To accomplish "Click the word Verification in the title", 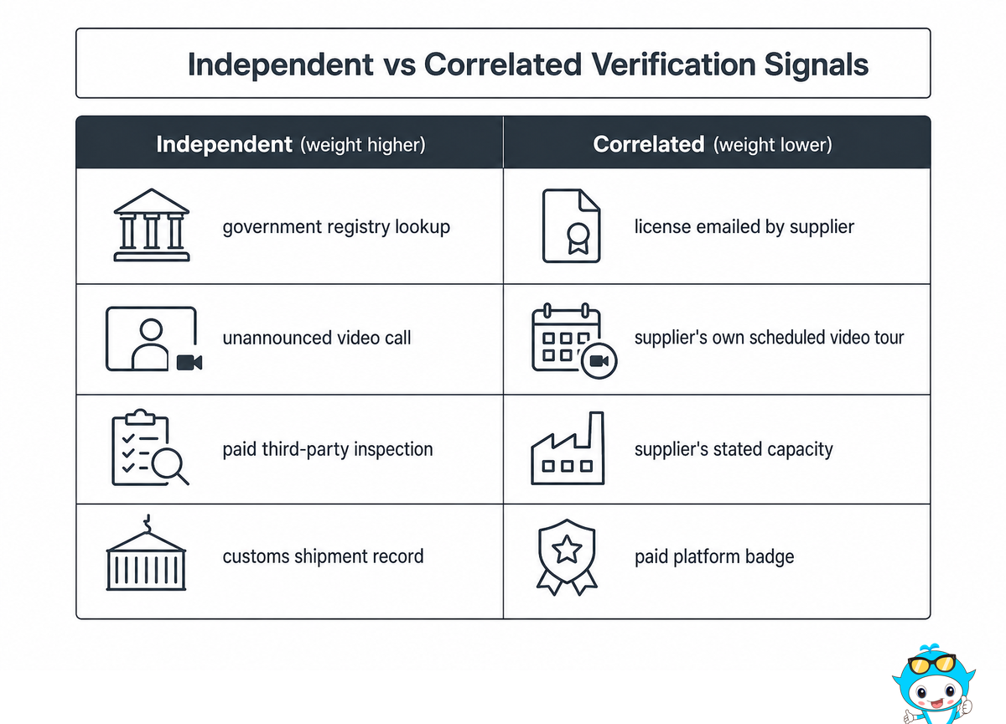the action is tap(674, 65).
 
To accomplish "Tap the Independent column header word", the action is tap(224, 144).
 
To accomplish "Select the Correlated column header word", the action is tap(649, 144).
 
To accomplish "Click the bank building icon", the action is tap(152, 225).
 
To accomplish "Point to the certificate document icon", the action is tap(571, 225).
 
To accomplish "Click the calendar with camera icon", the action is tap(574, 341).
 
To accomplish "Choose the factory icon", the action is tap(568, 448).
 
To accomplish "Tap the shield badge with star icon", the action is tap(567, 557).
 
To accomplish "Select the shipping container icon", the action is tap(146, 553).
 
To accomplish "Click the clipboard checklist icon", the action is tap(150, 447).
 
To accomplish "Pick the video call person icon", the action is tap(153, 339).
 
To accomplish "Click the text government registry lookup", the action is tap(336, 227).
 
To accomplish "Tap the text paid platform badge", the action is tap(714, 557).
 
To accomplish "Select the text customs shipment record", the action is tap(323, 557).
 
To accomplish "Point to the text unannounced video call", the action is tap(317, 338).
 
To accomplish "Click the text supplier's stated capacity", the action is tap(734, 449).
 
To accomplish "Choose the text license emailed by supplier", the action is tap(744, 227).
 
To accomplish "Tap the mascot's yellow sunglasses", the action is tap(931, 664).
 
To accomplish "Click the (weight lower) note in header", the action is tap(772, 145).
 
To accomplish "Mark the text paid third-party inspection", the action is tap(328, 449).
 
